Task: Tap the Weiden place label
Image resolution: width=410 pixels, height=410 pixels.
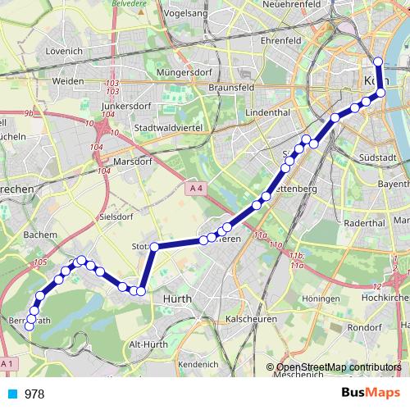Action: [x=67, y=81]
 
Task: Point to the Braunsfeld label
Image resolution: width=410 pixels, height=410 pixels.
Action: [x=231, y=86]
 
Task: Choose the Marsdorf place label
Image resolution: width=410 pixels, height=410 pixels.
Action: [x=134, y=162]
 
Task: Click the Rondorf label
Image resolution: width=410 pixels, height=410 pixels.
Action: [x=363, y=327]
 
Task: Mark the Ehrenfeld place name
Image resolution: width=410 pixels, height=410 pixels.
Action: [x=259, y=39]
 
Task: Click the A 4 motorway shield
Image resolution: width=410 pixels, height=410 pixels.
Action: [x=194, y=189]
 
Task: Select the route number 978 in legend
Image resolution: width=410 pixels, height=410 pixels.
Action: [x=34, y=394]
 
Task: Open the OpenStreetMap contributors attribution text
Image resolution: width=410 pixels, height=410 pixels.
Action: [x=339, y=367]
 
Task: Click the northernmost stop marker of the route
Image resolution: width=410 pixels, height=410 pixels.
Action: [x=378, y=62]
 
